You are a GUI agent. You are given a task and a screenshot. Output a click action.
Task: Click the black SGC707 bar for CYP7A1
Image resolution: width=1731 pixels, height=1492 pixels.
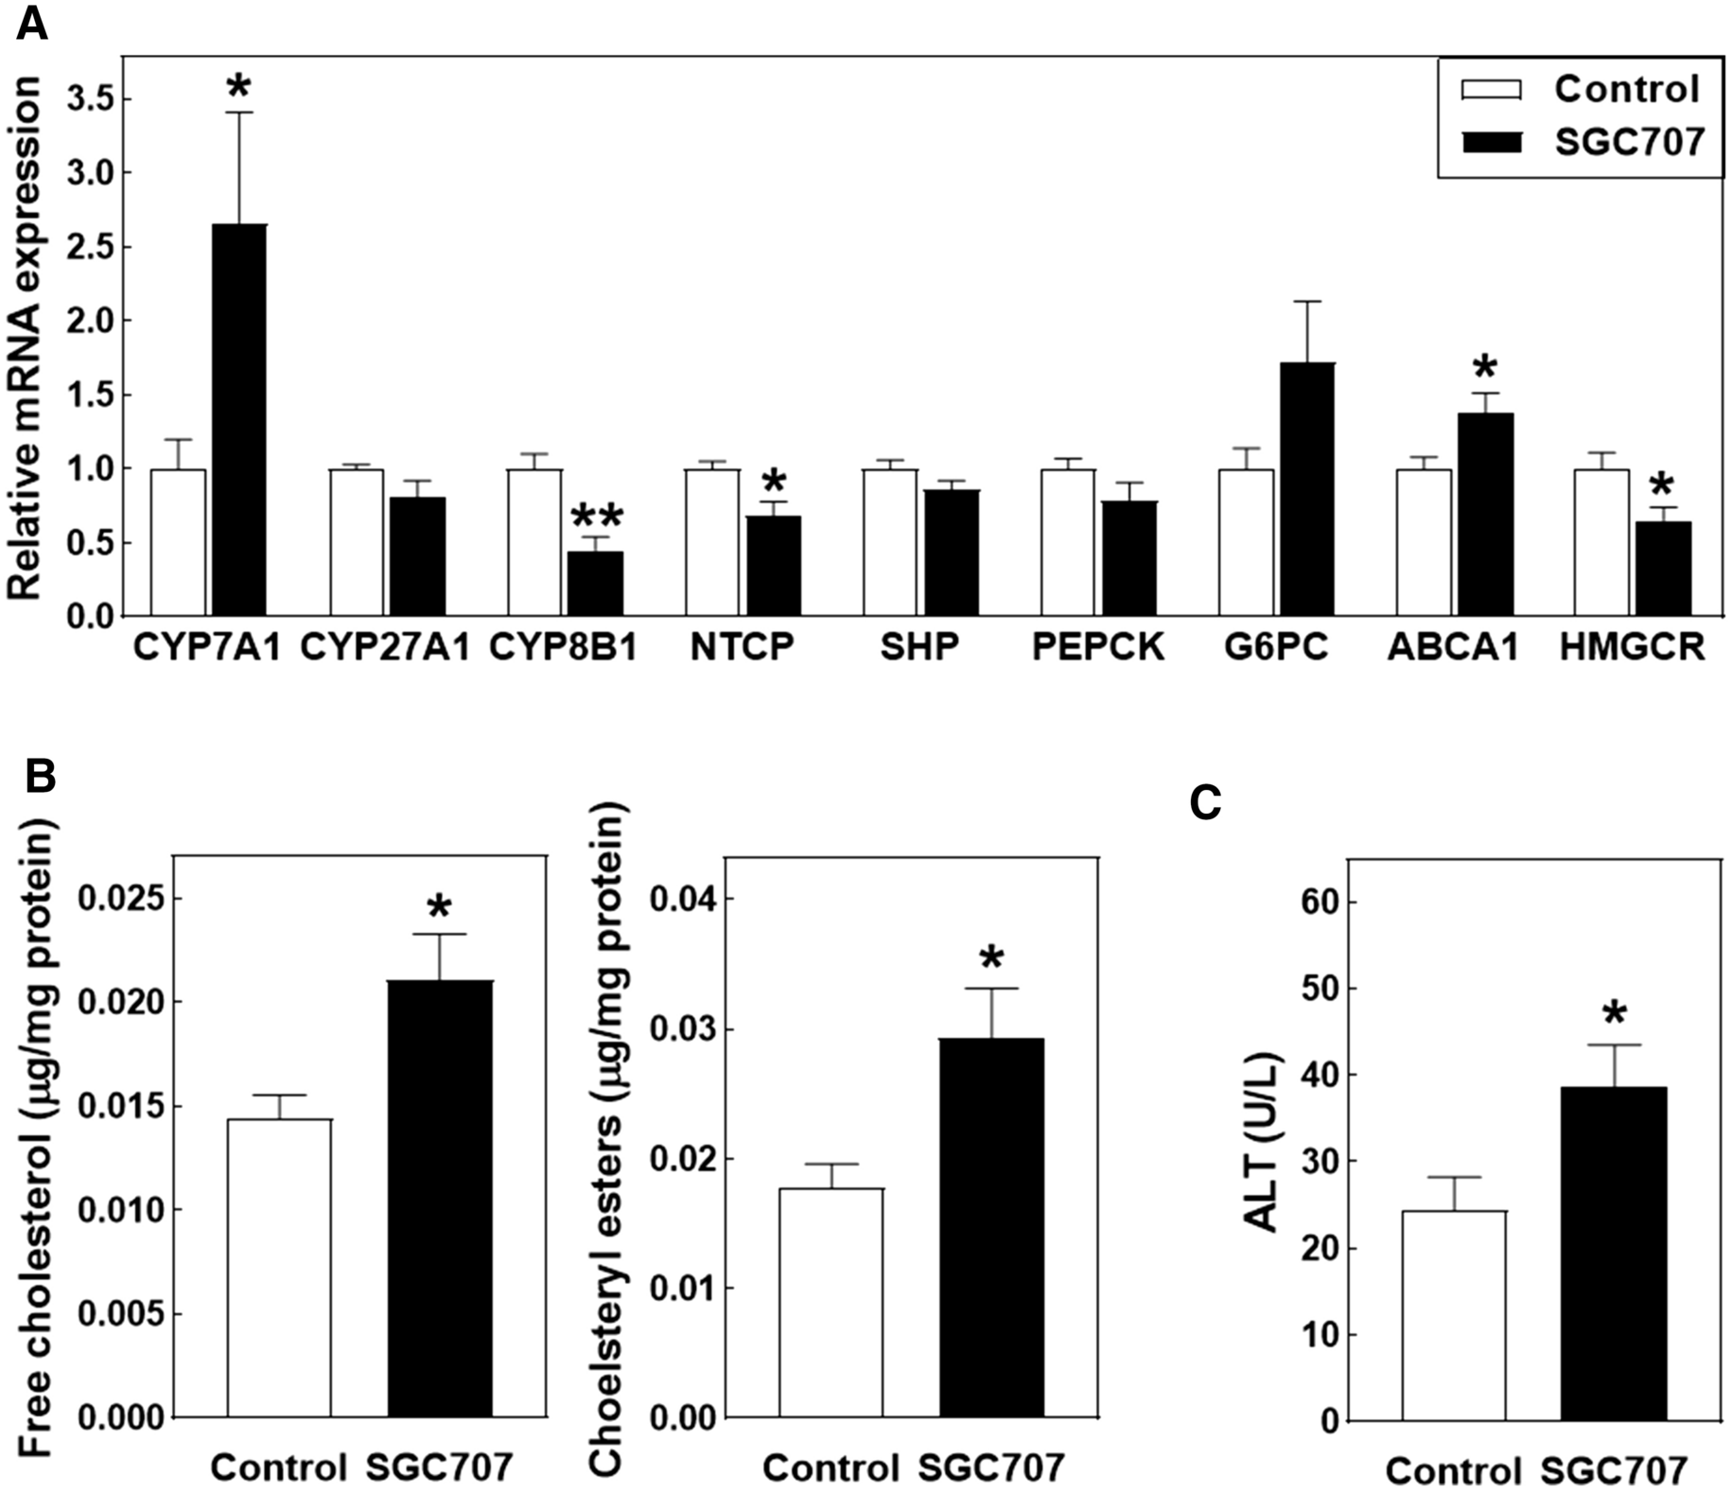point(239,421)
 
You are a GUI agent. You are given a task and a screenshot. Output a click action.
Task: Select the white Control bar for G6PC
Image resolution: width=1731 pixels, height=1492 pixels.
point(1246,543)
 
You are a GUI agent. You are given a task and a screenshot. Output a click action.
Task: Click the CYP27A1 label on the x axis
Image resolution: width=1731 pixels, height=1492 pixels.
point(385,647)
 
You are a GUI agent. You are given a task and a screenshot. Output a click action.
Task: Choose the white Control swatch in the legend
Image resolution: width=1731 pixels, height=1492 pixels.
point(1492,90)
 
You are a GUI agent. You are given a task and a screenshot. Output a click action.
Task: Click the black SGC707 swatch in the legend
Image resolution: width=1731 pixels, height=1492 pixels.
point(1492,143)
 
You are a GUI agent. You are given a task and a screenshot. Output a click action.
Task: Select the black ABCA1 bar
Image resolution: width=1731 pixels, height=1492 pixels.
point(1485,516)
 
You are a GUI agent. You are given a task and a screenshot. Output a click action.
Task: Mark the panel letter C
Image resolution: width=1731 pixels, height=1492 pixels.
point(1205,804)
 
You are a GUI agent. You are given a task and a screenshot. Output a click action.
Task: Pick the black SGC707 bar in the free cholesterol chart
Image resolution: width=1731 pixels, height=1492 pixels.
point(440,1199)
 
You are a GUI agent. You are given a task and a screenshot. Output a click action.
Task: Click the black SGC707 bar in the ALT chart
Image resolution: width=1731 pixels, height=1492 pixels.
point(1614,1254)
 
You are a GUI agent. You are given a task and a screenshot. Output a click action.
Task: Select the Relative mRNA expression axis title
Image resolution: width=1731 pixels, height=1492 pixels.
point(26,338)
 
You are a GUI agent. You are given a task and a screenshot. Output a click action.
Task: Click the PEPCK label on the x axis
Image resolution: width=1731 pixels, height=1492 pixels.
point(1098,647)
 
